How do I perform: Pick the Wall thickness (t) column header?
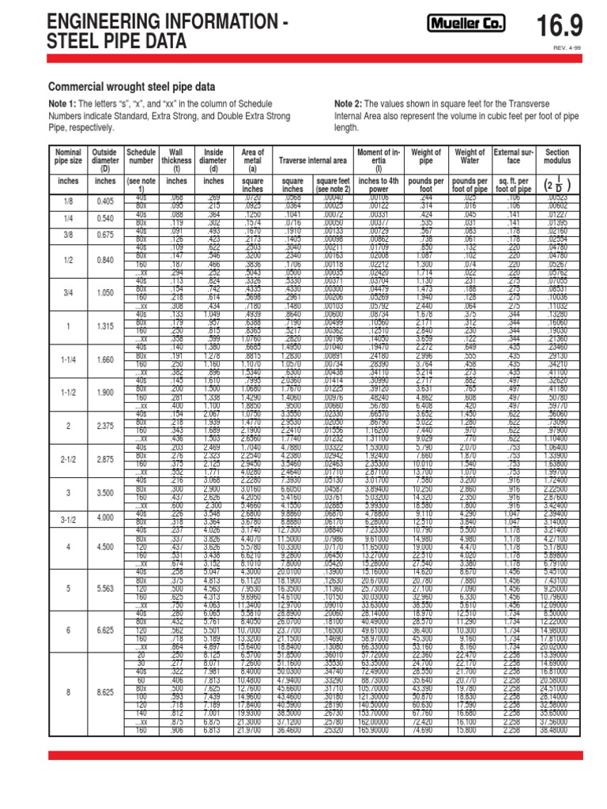click(176, 157)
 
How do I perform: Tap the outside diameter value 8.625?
click(105, 691)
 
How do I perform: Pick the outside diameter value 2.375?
click(105, 426)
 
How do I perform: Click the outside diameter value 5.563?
click(105, 588)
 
